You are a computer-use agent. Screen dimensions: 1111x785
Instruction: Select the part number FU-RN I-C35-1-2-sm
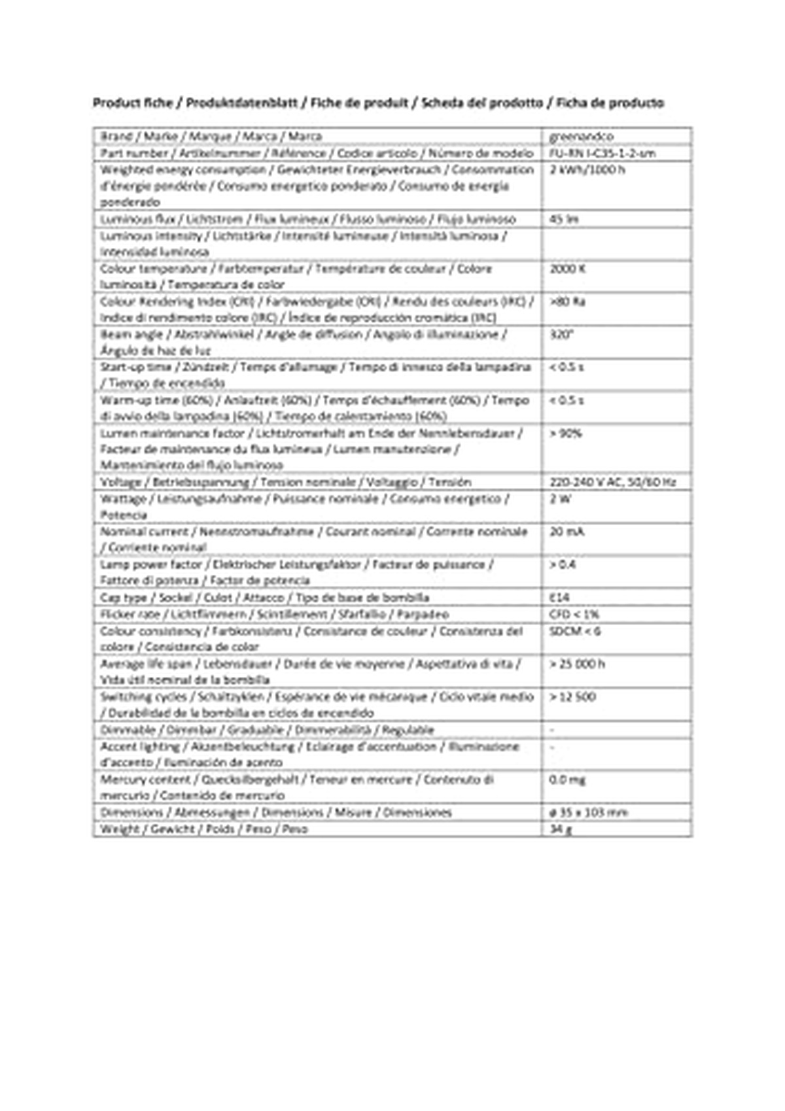tap(602, 154)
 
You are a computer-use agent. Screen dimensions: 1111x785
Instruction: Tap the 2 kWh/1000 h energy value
tap(587, 170)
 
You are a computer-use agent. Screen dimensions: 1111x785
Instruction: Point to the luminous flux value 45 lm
tap(564, 219)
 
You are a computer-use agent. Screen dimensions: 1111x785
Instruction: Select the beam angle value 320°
tap(562, 334)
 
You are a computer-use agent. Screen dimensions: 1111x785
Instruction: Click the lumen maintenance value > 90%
tap(566, 433)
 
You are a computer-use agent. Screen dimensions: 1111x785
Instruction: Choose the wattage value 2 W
tap(561, 499)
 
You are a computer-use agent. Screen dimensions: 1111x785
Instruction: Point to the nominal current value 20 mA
tap(567, 532)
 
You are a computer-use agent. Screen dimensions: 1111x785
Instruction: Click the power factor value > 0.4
tap(563, 564)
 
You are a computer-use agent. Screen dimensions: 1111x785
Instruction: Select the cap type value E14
tap(560, 598)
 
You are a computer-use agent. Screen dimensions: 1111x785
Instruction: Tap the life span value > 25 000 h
tap(577, 664)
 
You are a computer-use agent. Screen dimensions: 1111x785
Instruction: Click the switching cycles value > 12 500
tap(572, 697)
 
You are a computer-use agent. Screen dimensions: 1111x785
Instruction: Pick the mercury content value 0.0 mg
tap(568, 779)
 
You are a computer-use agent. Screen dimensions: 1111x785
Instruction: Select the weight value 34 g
tap(561, 829)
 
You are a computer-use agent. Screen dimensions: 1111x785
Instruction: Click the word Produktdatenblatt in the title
tap(242, 103)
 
